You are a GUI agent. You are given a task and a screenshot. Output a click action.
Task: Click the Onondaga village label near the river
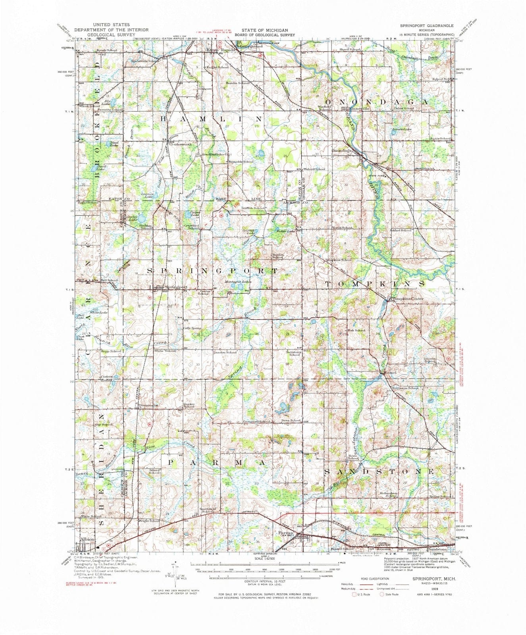click(342, 151)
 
